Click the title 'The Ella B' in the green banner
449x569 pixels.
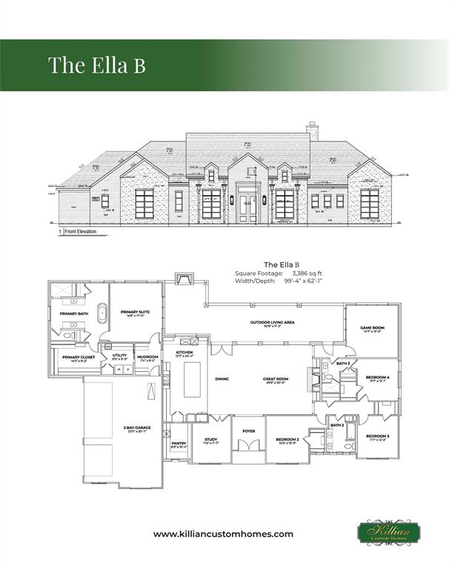point(97,64)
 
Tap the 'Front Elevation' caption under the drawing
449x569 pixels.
point(84,231)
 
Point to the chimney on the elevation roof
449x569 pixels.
point(313,132)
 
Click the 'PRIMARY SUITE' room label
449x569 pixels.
point(136,312)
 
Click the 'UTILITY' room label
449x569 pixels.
point(120,355)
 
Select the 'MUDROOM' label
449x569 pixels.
point(147,356)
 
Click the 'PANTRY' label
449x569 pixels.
point(179,443)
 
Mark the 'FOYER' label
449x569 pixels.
point(248,430)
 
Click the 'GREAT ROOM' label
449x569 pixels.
point(276,379)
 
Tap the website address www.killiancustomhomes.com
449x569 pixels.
point(223,533)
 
